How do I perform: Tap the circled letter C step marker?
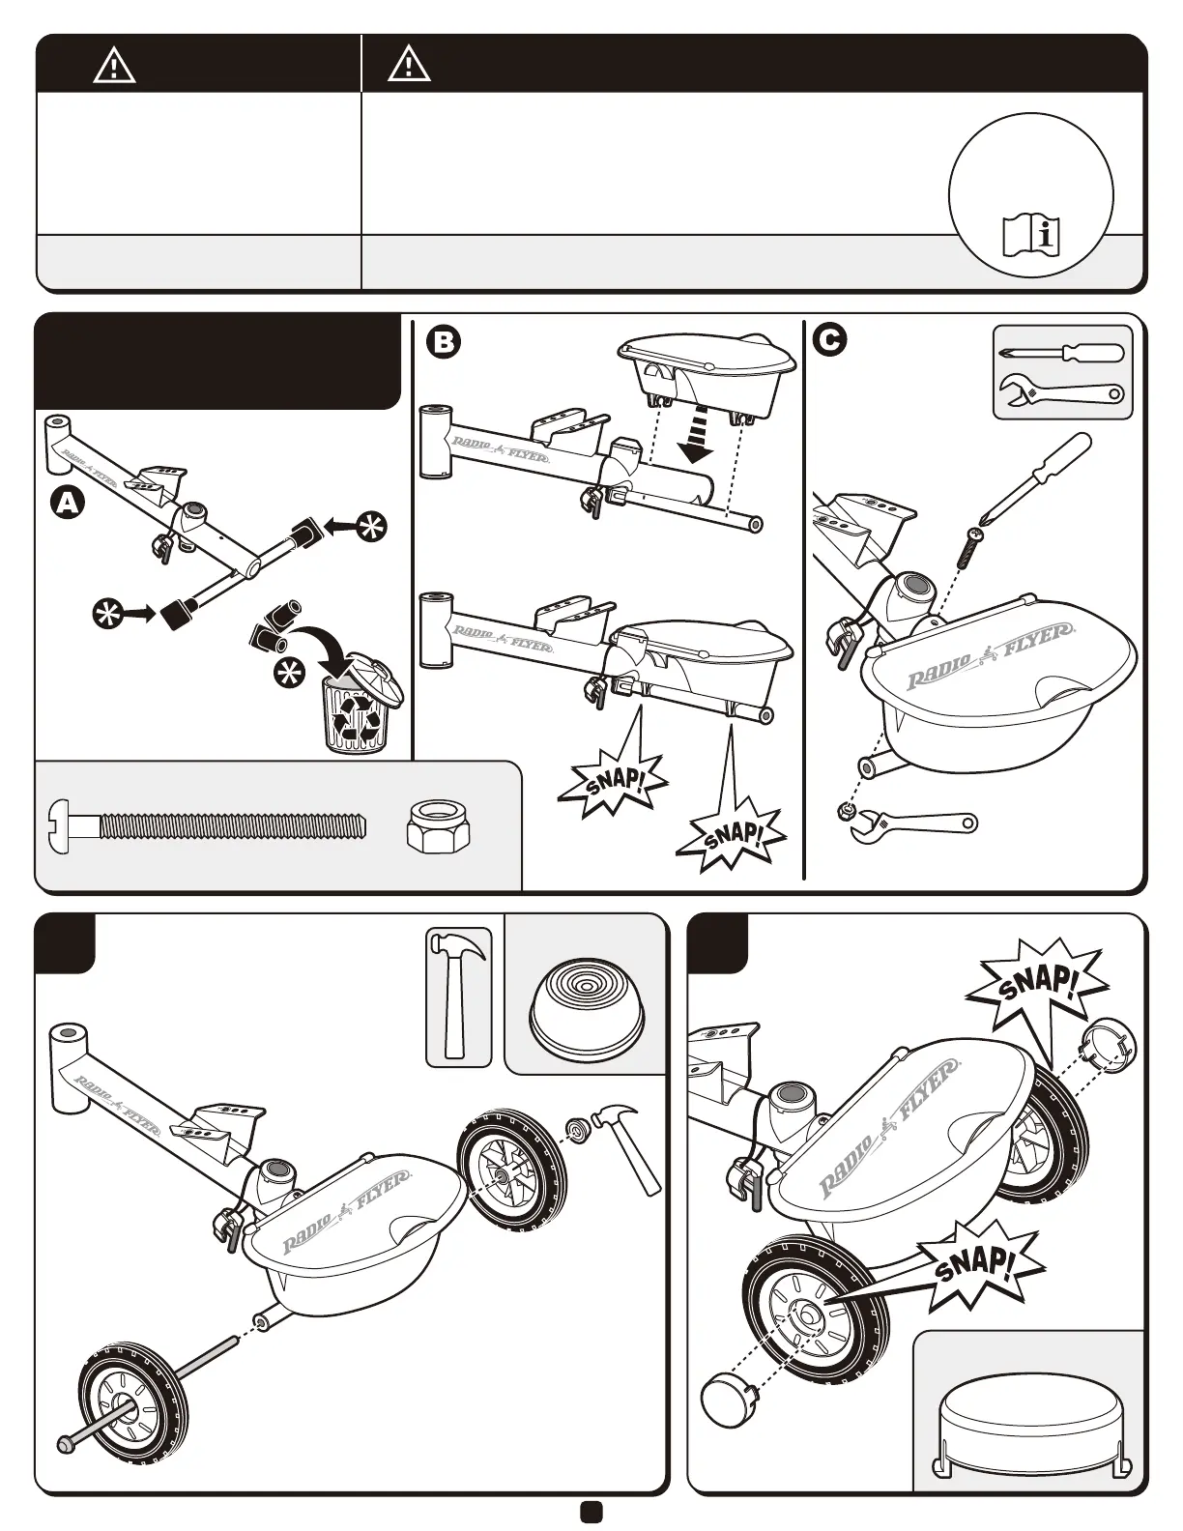[x=830, y=339]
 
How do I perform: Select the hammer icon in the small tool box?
[x=459, y=996]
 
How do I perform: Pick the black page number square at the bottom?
[x=591, y=1512]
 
